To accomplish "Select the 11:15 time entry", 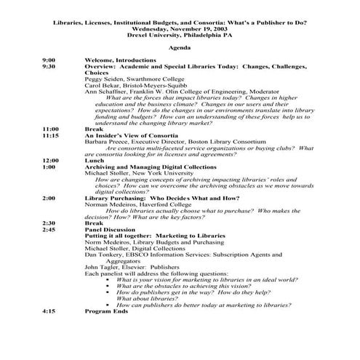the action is pos(50,135).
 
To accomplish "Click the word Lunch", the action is pos(95,160).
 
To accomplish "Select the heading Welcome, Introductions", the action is pos(120,59).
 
